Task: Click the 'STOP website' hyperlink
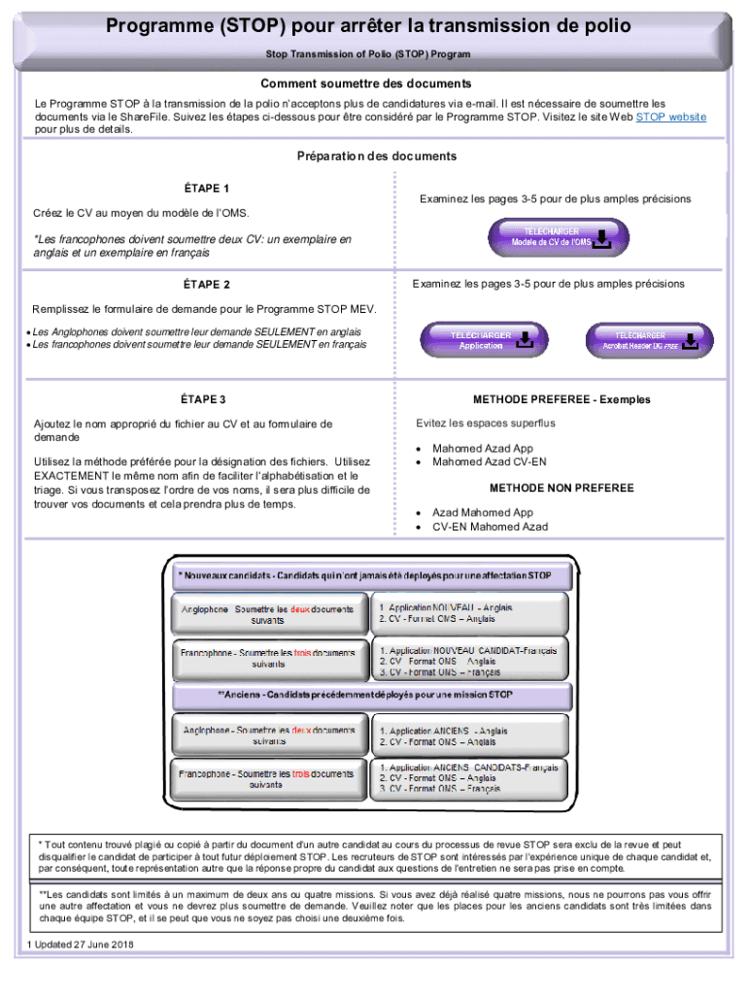pyautogui.click(x=670, y=117)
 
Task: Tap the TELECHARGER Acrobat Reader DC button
pyautogui.click(x=643, y=340)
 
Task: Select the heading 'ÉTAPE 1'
pyautogui.click(x=206, y=188)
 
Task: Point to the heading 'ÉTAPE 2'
pyautogui.click(x=206, y=285)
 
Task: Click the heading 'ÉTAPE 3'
pyautogui.click(x=203, y=399)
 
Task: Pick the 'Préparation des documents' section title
pyautogui.click(x=376, y=155)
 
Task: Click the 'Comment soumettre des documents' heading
pyautogui.click(x=374, y=84)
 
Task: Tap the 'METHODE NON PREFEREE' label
pyautogui.click(x=561, y=488)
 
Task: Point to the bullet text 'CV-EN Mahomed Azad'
pyautogui.click(x=490, y=527)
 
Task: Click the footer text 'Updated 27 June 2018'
pyautogui.click(x=85, y=944)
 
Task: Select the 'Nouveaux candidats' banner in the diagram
pyautogui.click(x=364, y=575)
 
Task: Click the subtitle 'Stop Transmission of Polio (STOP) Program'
pyautogui.click(x=375, y=54)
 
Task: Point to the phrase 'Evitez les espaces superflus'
pyautogui.click(x=486, y=423)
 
